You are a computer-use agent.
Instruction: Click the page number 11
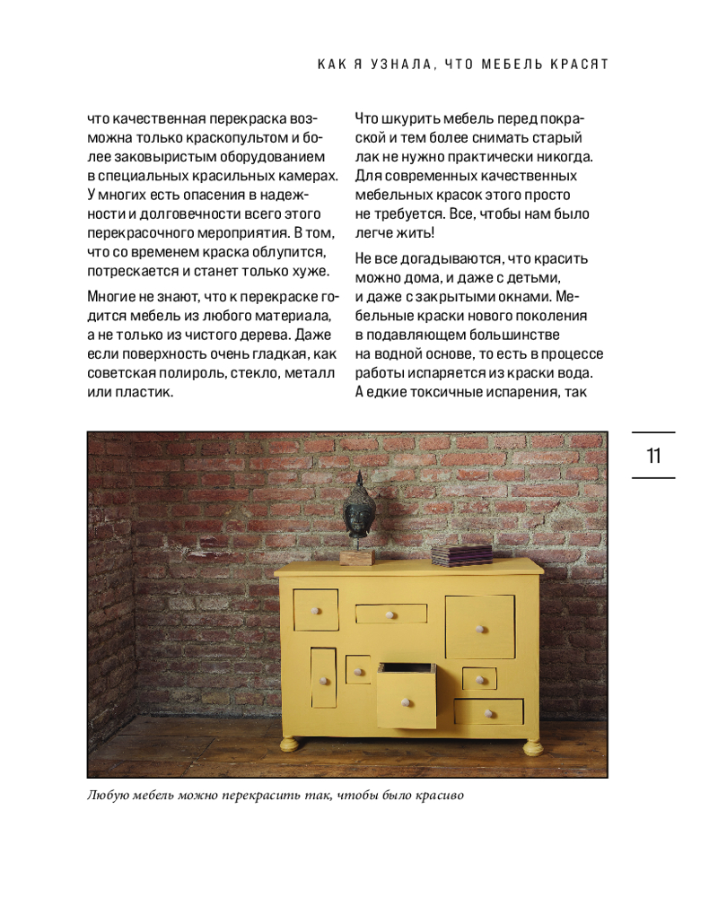click(x=653, y=456)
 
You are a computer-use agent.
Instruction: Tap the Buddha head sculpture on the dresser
click(x=358, y=508)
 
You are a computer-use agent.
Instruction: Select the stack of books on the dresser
click(x=461, y=554)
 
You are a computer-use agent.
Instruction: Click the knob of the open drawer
click(x=405, y=701)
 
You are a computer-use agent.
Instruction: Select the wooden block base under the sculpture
click(x=356, y=556)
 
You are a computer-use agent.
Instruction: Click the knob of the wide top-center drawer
click(x=390, y=615)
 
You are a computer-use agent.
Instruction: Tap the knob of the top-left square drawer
click(x=315, y=611)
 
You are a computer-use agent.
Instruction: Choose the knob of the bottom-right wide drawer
click(x=488, y=714)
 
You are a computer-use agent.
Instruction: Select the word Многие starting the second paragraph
click(x=112, y=295)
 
